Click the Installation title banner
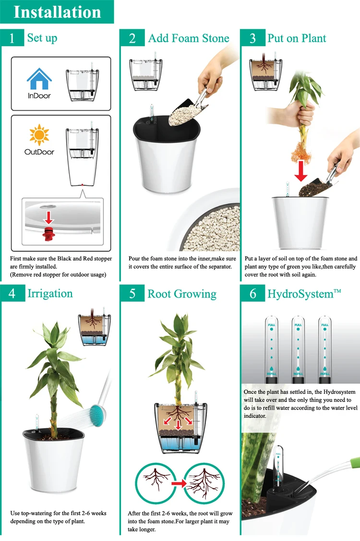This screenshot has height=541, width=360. coord(57,12)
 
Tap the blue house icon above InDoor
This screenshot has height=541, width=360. coord(39,79)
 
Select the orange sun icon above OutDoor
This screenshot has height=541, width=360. coord(39,135)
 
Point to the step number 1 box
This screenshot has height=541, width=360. coord(12,38)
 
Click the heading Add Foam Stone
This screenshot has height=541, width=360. coord(189,38)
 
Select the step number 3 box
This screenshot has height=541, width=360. coord(252,38)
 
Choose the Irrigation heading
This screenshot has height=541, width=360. coord(50,294)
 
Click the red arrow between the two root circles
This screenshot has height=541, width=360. coord(179,484)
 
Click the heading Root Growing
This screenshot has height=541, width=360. coord(182,294)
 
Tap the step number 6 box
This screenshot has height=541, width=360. coord(252,294)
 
